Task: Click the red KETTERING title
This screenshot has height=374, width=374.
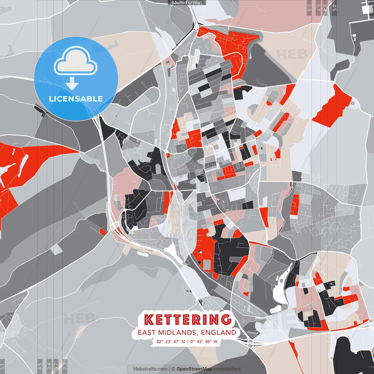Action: [188, 319]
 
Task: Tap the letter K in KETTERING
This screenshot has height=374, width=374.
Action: [149, 320]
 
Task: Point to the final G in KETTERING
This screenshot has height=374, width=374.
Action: [226, 319]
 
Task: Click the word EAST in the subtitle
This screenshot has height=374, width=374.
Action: [147, 333]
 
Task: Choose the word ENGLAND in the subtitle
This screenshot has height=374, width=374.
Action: [219, 333]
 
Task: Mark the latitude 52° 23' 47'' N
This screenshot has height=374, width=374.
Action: [171, 341]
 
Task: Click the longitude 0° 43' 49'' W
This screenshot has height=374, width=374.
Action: [204, 341]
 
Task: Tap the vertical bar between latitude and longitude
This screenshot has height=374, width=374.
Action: [188, 341]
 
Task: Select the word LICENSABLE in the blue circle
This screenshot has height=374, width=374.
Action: [76, 99]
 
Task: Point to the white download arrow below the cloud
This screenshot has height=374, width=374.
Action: [72, 84]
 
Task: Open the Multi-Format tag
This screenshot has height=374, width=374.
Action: [187, 2]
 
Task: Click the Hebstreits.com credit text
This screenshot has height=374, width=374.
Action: [150, 369]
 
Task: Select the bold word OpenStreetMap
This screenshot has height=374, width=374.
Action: [194, 369]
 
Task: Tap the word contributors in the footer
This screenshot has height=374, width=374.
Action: [227, 369]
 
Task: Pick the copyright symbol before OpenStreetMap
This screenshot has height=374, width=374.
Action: [173, 369]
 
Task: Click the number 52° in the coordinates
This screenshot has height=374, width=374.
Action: [160, 341]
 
